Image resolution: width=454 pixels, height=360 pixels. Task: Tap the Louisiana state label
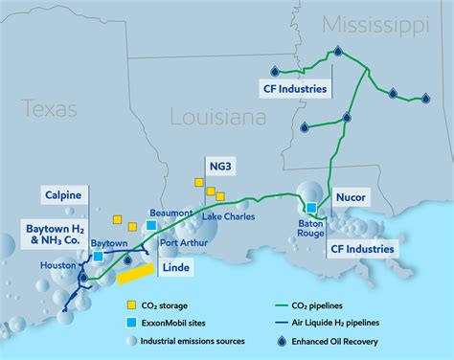pyautogui.click(x=216, y=118)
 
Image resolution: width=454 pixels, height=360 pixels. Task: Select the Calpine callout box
pyautogui.click(x=62, y=196)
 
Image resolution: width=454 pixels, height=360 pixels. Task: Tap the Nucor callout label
pyautogui.click(x=352, y=198)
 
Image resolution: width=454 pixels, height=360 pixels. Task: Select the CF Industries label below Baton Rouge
pyautogui.click(x=363, y=249)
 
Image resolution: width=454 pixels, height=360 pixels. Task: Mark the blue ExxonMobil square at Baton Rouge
pyautogui.click(x=311, y=207)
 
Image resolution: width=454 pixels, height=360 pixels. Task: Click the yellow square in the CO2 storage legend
pyautogui.click(x=132, y=304)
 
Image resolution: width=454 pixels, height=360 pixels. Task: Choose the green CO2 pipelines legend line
pyautogui.click(x=279, y=304)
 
